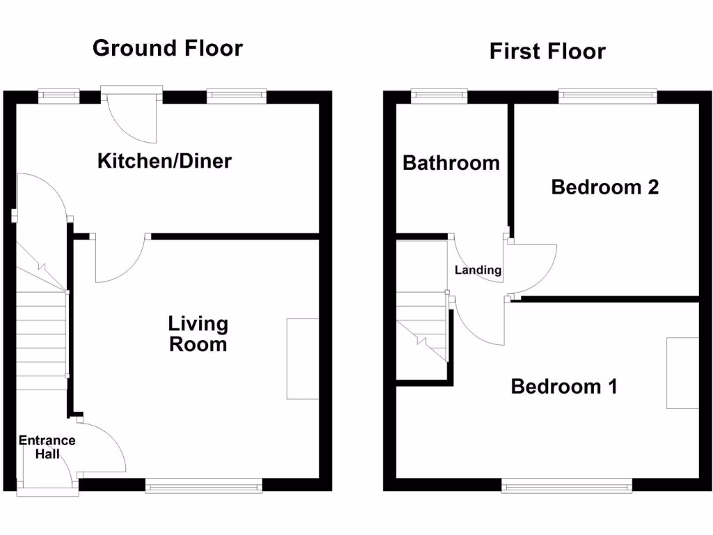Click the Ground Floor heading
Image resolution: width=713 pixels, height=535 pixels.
tap(167, 48)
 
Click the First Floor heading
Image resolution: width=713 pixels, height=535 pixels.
tap(547, 51)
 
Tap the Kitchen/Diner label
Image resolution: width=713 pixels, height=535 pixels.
tap(164, 162)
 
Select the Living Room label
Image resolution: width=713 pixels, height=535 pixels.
tap(198, 334)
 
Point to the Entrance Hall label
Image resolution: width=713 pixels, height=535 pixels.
tap(47, 447)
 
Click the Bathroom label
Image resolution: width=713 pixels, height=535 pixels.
tap(451, 163)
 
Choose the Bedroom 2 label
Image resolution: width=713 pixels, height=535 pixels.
tap(604, 187)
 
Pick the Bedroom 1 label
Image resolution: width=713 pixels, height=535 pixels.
tap(564, 386)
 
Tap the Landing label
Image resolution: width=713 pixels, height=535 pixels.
tap(478, 270)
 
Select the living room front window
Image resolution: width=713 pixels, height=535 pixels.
tap(204, 486)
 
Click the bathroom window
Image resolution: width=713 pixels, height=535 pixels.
tap(439, 95)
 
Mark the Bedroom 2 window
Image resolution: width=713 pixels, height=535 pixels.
tap(608, 95)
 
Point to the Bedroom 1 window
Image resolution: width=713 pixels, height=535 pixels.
tap(567, 486)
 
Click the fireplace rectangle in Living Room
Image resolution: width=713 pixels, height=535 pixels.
tap(302, 359)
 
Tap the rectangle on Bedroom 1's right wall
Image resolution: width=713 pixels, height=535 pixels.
tap(682, 373)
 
